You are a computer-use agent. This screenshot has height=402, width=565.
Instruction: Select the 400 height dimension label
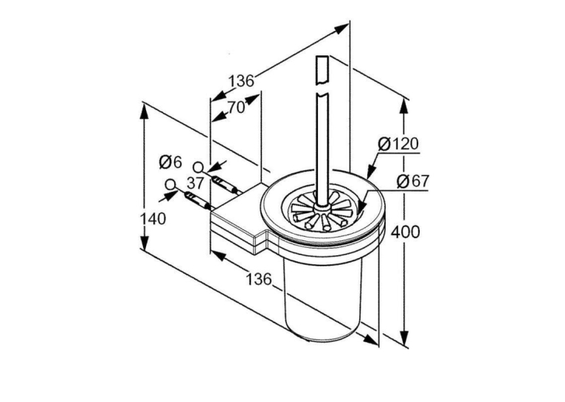(406, 232)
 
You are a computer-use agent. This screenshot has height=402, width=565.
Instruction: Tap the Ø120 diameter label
(398, 144)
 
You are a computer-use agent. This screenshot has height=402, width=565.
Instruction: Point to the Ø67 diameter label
(413, 181)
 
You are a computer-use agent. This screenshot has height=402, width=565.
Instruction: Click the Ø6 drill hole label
(171, 163)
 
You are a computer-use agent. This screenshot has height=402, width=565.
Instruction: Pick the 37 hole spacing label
(195, 184)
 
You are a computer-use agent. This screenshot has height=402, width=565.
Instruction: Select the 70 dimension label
(236, 107)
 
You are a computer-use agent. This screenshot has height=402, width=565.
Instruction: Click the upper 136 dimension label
(241, 80)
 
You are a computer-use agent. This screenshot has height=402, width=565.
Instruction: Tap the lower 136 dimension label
(258, 278)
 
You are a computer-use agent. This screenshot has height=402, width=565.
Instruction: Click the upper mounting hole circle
(198, 167)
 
